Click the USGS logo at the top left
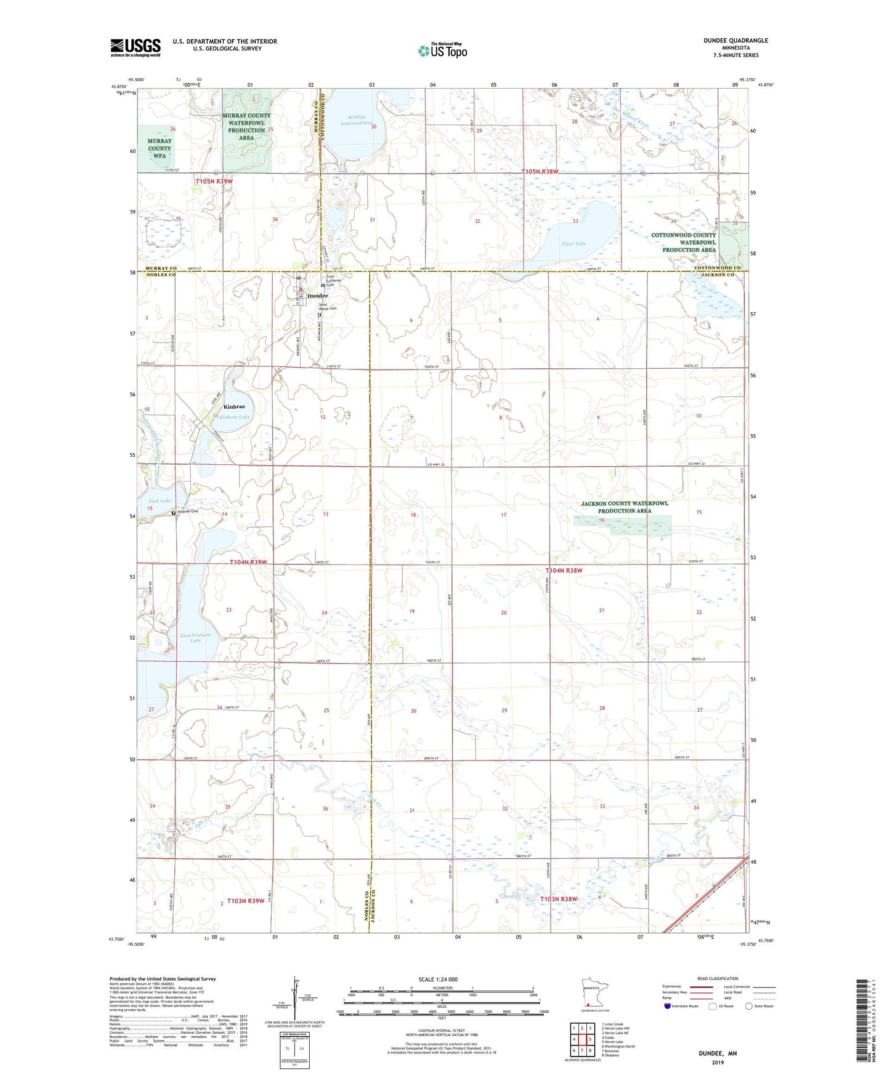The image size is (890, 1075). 136,47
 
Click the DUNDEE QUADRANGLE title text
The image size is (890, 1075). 735,41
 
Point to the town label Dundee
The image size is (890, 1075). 318,296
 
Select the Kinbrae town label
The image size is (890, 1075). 234,407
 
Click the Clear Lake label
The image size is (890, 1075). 573,244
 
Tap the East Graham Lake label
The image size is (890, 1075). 195,637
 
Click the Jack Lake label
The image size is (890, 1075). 160,501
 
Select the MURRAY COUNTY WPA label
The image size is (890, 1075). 160,148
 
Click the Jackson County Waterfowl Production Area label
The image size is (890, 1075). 625,507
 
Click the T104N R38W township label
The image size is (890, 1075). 564,571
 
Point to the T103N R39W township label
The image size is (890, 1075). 246,901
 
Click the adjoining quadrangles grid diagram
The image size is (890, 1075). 581,1041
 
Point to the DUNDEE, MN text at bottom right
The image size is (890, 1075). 718,1053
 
